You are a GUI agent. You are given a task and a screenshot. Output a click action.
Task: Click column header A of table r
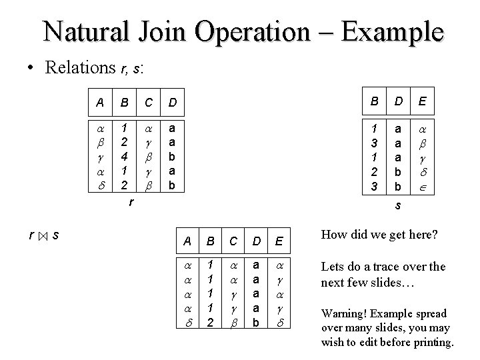click(x=100, y=103)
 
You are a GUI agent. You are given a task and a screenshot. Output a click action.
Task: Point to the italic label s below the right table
click(x=397, y=207)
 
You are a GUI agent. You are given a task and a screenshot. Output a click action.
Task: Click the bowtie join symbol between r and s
click(x=41, y=236)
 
